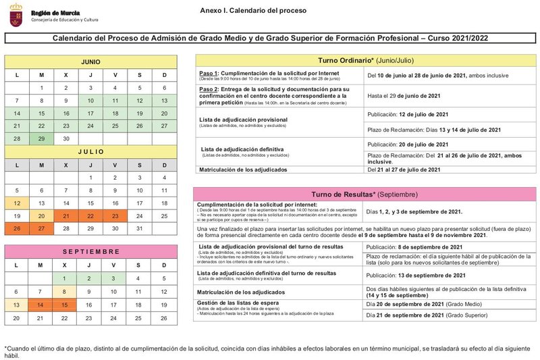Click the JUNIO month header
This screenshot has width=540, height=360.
pos(90,61)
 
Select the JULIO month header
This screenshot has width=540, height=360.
pos(90,151)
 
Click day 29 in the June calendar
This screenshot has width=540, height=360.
pos(41,138)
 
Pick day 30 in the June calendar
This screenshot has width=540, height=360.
pos(65,138)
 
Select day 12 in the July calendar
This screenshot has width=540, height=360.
pos(17,203)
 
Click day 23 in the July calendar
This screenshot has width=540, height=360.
pos(115,215)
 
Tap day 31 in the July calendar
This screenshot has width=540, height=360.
pos(140,228)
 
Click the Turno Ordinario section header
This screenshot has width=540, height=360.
pos(366,60)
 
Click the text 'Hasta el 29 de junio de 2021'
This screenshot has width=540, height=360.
pos(404,95)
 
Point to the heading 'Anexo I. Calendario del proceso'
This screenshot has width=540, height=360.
pos(253,11)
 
